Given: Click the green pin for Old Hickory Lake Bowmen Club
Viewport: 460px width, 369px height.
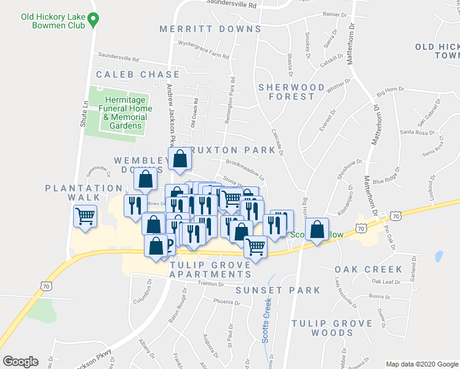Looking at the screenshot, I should click(93, 20).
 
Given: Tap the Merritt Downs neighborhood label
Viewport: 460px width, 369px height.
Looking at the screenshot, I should click(210, 29).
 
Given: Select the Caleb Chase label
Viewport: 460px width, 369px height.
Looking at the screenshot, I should click(138, 74).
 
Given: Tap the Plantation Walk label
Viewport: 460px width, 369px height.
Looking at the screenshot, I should click(84, 192).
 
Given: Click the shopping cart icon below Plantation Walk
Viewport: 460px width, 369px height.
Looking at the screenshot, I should click(85, 216).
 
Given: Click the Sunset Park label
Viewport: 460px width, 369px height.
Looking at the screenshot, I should click(280, 290).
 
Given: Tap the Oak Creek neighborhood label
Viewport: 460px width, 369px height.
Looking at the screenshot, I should click(368, 269).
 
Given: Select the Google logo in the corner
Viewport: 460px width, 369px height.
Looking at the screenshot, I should click(20, 362).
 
